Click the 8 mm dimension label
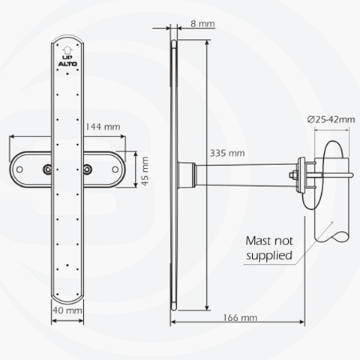(x=202, y=24)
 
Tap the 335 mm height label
(x=227, y=153)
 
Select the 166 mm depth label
(x=240, y=318)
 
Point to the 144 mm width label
(x=103, y=127)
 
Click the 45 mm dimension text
(x=145, y=171)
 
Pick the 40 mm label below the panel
(x=67, y=310)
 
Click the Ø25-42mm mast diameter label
(x=331, y=119)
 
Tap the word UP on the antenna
(x=67, y=58)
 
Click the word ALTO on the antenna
(x=67, y=64)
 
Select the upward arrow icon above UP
(x=67, y=50)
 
